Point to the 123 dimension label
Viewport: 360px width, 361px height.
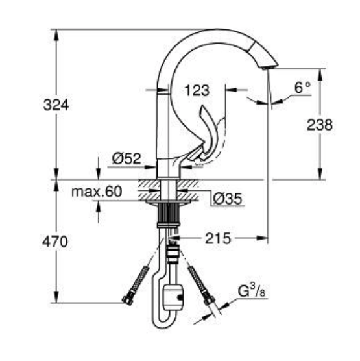tap(197, 90)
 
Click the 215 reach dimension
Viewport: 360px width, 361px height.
tap(217, 238)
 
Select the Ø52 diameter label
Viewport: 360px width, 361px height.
tap(126, 158)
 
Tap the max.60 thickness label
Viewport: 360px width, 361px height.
tap(97, 192)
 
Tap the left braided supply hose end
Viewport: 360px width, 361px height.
tap(128, 299)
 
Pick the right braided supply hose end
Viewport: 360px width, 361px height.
tap(208, 299)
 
